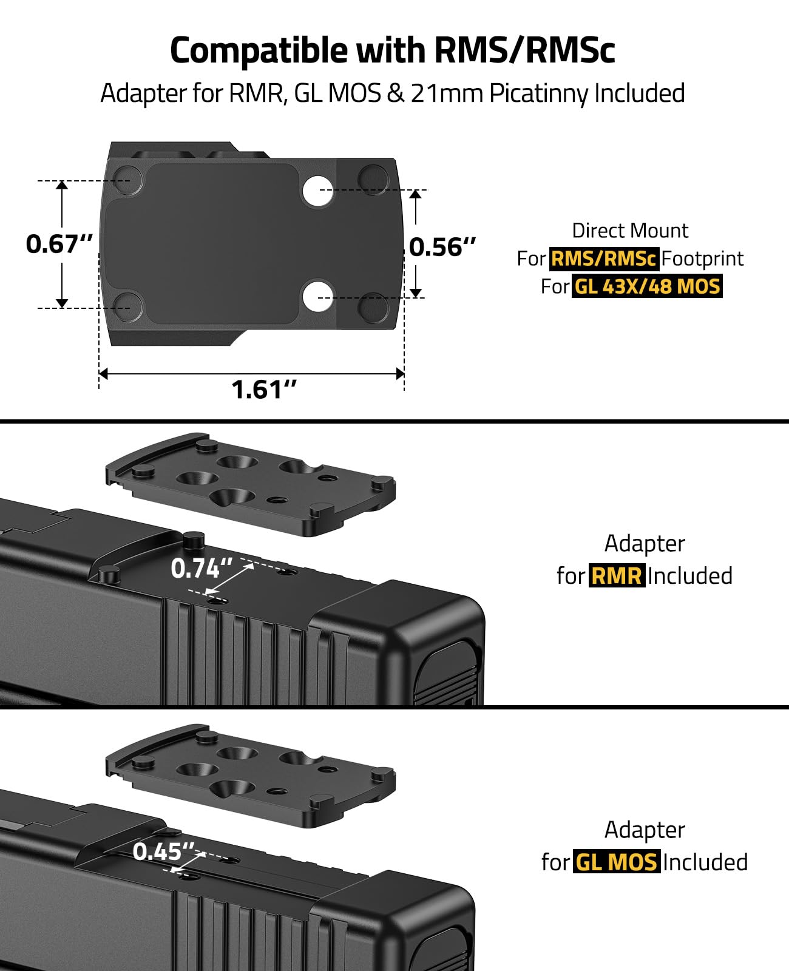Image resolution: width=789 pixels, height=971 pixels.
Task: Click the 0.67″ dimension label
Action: [x=59, y=244]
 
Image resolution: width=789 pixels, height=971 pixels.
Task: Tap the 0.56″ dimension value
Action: [x=442, y=247]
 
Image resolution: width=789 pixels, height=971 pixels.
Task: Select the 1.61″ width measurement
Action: [x=264, y=390]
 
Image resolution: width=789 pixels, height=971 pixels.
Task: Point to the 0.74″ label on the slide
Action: [x=201, y=568]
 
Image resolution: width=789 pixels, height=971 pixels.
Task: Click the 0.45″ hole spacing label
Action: [x=164, y=851]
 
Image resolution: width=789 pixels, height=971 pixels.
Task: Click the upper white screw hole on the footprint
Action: [x=317, y=190]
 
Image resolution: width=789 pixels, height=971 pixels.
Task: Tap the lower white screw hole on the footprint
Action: [x=317, y=296]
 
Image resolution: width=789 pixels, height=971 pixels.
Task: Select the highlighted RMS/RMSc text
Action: [x=603, y=259]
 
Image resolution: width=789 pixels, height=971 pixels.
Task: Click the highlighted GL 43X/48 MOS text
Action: [x=647, y=286]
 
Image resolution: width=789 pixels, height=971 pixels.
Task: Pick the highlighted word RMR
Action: [x=617, y=575]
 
